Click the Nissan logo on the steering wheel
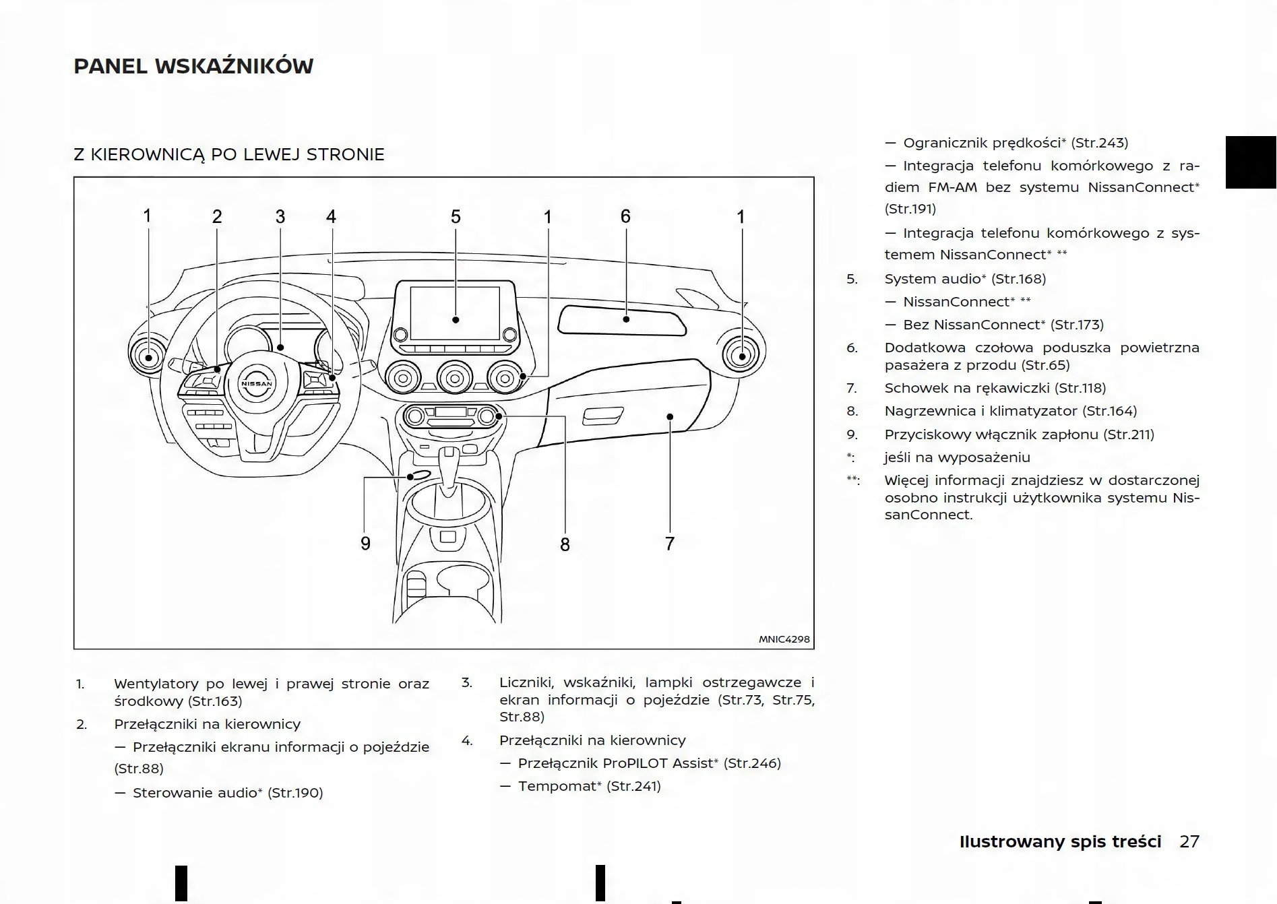(x=257, y=383)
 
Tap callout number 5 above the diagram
(x=456, y=217)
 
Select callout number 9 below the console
(x=365, y=544)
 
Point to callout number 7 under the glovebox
(x=669, y=544)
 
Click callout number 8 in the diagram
(x=565, y=544)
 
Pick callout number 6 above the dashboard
(x=625, y=216)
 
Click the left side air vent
(x=148, y=356)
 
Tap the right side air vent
(x=741, y=356)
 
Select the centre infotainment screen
(x=455, y=313)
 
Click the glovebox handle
(x=602, y=417)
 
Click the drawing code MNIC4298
(x=784, y=639)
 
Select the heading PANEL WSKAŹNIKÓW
(x=193, y=67)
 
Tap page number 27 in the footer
(x=1189, y=841)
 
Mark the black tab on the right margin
(x=1251, y=162)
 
